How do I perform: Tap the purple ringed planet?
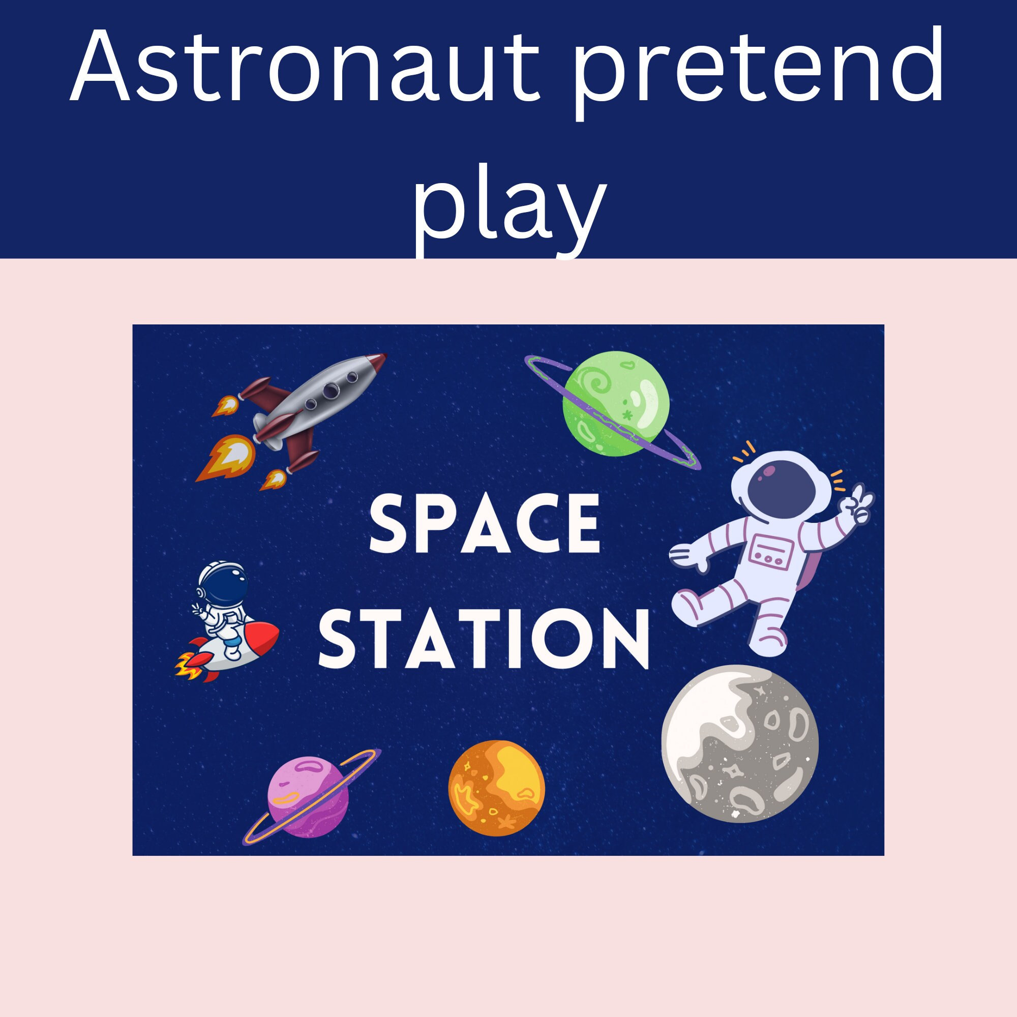click(x=308, y=796)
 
